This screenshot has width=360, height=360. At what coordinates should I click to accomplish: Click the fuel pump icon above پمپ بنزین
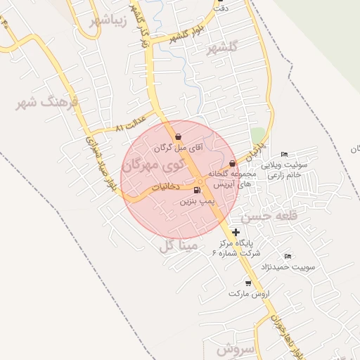click(195, 190)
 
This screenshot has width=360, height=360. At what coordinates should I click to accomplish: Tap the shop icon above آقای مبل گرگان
click(178, 137)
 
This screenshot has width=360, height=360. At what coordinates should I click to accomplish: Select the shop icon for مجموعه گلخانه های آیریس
click(233, 163)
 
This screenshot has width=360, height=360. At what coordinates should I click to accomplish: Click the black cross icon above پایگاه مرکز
click(236, 232)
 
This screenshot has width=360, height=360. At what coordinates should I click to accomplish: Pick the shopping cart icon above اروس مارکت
click(249, 283)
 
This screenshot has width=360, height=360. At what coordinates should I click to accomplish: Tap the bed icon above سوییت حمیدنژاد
click(287, 256)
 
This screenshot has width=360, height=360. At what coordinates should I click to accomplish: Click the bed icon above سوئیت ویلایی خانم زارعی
click(284, 155)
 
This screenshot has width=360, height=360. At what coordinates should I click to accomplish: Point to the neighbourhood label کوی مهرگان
click(151, 166)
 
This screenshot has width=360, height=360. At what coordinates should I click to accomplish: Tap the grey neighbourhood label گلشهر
click(224, 48)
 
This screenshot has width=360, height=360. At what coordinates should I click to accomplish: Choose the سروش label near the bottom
click(234, 349)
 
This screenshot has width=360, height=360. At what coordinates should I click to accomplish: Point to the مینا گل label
click(176, 245)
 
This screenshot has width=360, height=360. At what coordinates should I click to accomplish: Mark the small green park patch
click(259, 134)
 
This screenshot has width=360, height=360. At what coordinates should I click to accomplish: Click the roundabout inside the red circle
click(201, 182)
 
